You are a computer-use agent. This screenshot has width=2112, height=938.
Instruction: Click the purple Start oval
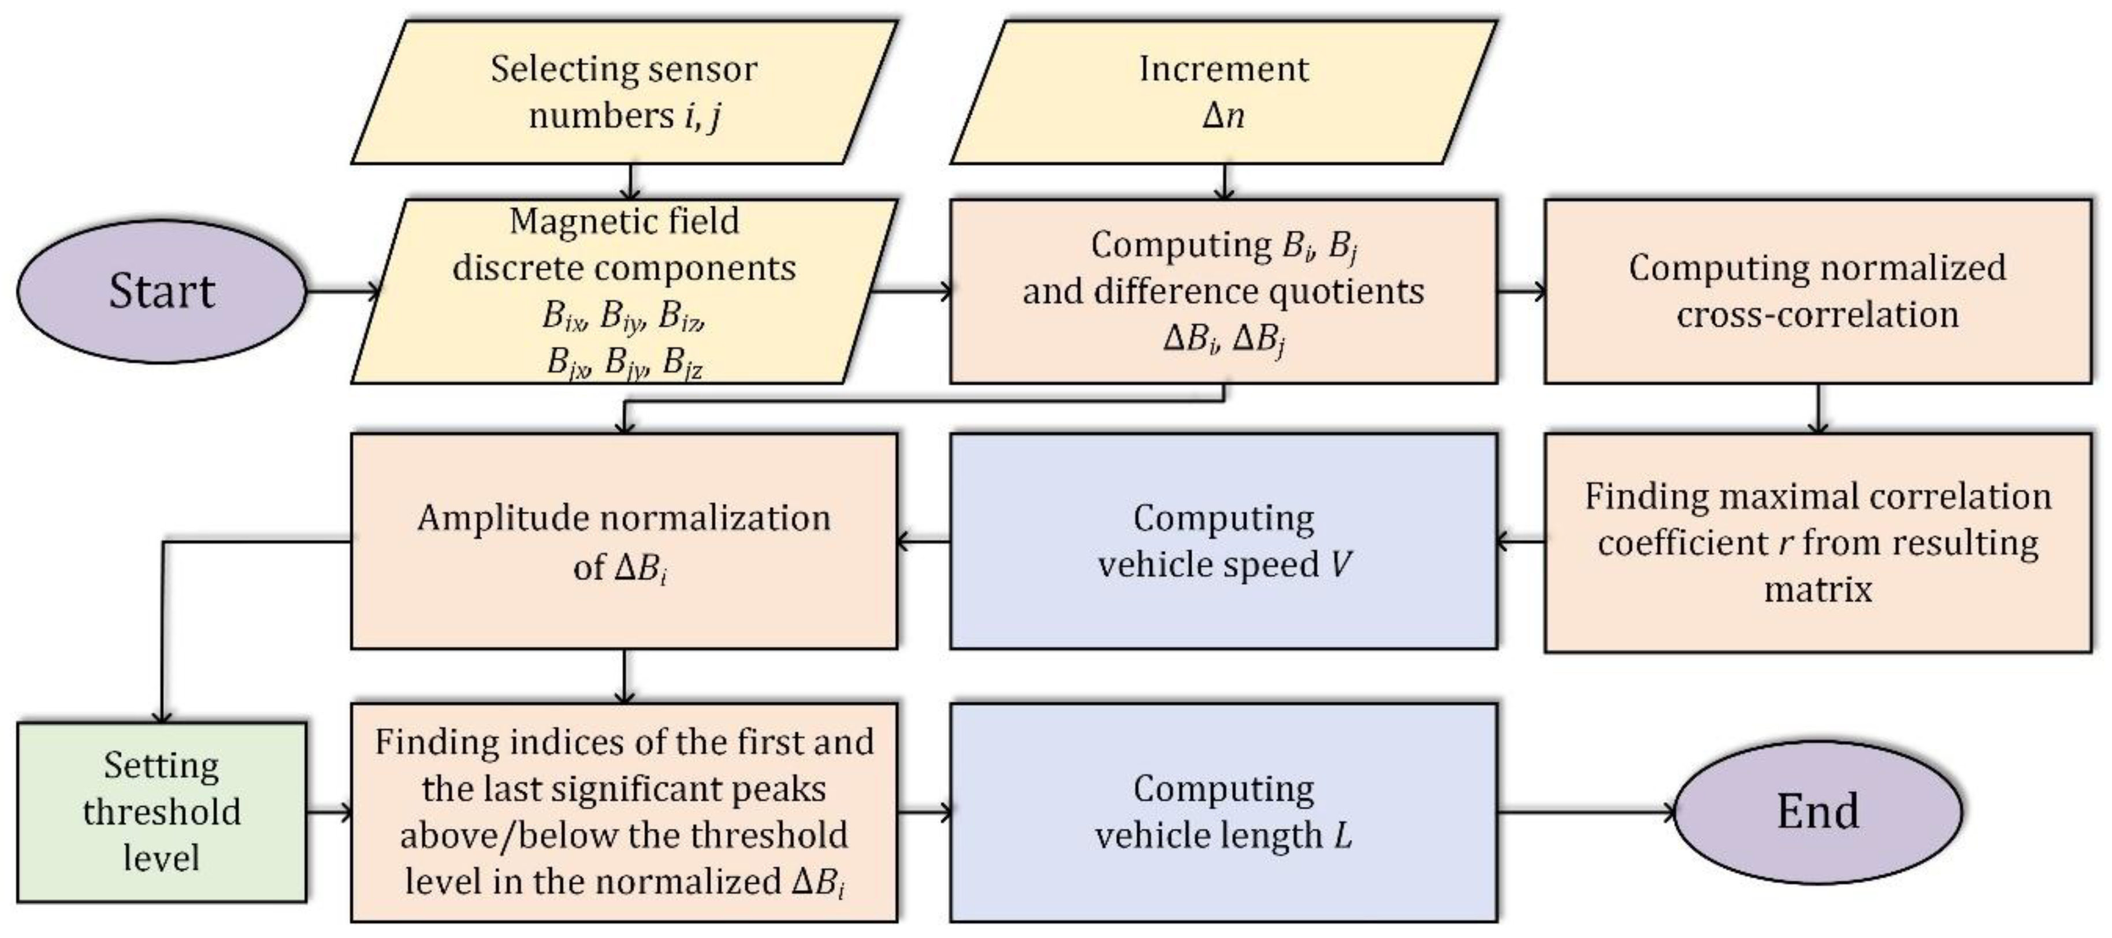point(162,291)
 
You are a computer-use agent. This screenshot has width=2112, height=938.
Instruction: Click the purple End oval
point(1817,812)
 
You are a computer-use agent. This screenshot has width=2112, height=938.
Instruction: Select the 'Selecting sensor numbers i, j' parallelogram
point(624,92)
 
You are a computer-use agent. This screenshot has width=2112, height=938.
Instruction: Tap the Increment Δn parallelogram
point(1224,92)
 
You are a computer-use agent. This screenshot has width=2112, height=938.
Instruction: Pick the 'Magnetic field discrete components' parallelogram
point(624,291)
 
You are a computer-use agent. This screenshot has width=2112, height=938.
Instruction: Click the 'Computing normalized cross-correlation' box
point(1817,291)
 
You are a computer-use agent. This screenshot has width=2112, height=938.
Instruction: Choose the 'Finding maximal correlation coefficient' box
point(1817,542)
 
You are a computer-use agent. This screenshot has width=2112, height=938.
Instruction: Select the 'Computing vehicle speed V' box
point(1224,541)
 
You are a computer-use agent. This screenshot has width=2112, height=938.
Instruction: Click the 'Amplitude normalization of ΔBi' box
point(624,541)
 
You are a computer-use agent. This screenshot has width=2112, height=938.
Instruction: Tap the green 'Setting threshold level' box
point(162,812)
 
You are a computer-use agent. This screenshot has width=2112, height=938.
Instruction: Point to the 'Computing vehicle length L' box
point(1224,812)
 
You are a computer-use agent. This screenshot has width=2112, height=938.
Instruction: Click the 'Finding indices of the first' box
point(624,812)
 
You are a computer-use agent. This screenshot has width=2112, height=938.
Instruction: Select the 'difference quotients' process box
point(1224,291)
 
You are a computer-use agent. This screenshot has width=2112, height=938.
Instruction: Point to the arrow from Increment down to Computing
point(1224,182)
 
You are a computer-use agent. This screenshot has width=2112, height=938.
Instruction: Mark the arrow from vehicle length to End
point(1586,813)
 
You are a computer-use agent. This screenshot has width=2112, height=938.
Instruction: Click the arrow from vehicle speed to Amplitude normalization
point(924,541)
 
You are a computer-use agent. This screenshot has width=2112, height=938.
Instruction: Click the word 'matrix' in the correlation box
point(1817,590)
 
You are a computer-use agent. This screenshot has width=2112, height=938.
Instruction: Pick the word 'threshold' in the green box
point(162,812)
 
